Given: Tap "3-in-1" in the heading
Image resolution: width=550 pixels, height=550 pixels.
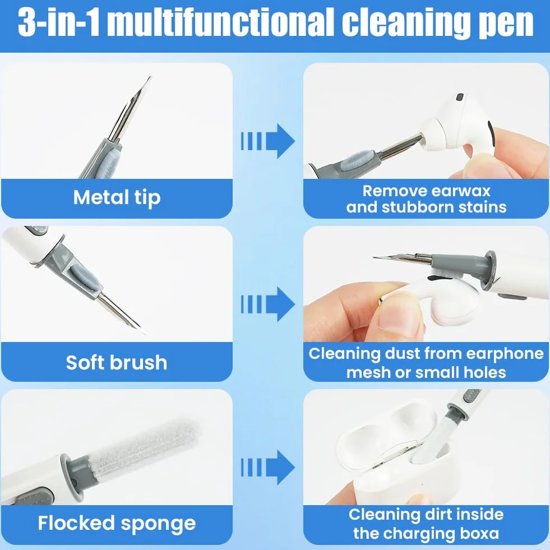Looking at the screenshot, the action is point(59,22).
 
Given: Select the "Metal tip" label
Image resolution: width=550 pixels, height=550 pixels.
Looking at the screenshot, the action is point(117,197).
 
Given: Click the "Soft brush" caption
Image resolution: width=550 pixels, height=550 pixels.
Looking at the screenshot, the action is point(117,362).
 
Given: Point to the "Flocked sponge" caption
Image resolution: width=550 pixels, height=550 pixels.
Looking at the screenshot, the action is point(117,524).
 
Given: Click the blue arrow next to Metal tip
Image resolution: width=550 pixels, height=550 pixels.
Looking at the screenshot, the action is point(267,141).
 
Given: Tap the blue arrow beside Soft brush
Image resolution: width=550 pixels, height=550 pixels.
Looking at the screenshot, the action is point(267,304).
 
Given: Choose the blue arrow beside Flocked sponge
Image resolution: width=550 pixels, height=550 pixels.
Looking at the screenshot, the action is point(267,467).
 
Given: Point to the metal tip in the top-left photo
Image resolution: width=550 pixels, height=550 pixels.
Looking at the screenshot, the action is point(129,109).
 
